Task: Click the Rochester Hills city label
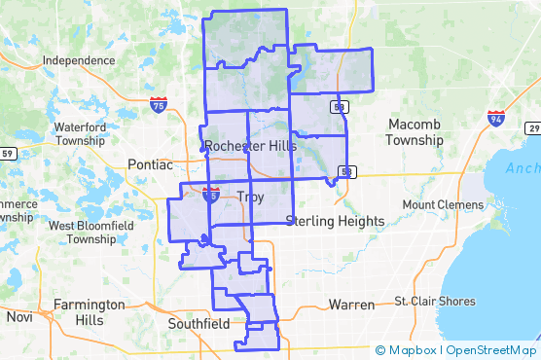coord(251,146)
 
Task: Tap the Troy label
coord(250,198)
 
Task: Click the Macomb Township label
coord(415,132)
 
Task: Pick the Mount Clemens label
coord(443,205)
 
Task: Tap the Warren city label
coord(351,305)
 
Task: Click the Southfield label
coord(198,322)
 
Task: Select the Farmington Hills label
coord(90,311)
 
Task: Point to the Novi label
coord(19,317)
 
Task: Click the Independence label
coord(79,60)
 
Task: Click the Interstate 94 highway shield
coord(496,118)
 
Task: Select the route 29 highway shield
coord(532,129)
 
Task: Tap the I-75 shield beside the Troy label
coord(211,194)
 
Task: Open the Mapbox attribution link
coord(407,350)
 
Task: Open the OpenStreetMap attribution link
coord(491,350)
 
